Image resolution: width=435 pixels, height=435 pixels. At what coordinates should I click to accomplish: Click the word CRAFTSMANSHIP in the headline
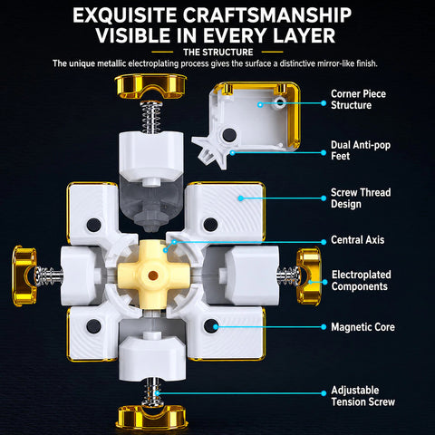tap(267, 15)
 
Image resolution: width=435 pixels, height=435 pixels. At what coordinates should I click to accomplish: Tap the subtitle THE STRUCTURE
tap(218, 53)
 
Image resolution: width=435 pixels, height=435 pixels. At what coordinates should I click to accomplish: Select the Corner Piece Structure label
tap(358, 100)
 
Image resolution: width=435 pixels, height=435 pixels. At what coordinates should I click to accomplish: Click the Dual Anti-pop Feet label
tap(361, 150)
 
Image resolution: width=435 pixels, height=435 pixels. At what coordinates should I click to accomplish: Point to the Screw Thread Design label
tap(361, 198)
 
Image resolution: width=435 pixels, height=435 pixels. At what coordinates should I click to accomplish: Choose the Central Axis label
tap(358, 240)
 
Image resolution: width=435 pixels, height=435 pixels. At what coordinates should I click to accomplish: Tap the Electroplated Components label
tap(362, 281)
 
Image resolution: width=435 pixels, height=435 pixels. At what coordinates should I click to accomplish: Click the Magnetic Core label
tap(362, 327)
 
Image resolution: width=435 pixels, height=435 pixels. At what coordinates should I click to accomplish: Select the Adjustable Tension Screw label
tap(362, 396)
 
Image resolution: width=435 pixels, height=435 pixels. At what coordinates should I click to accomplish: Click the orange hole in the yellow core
tap(153, 275)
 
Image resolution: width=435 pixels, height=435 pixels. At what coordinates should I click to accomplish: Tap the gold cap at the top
tap(150, 86)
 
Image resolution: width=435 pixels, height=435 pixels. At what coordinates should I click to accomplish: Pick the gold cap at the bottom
tap(151, 418)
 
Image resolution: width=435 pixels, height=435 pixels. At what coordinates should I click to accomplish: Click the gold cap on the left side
tap(24, 275)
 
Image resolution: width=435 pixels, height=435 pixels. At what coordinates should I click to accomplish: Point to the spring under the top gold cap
tap(151, 117)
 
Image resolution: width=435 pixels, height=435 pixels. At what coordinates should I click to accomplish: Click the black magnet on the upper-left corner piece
tap(93, 225)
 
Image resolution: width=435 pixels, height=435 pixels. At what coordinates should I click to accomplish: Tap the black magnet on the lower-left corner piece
tap(93, 326)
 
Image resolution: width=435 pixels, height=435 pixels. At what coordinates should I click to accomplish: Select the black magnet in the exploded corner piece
tap(229, 135)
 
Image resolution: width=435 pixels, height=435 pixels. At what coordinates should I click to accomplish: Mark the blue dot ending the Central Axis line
tap(324, 242)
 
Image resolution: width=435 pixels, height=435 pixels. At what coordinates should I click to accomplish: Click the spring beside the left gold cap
tap(48, 275)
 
